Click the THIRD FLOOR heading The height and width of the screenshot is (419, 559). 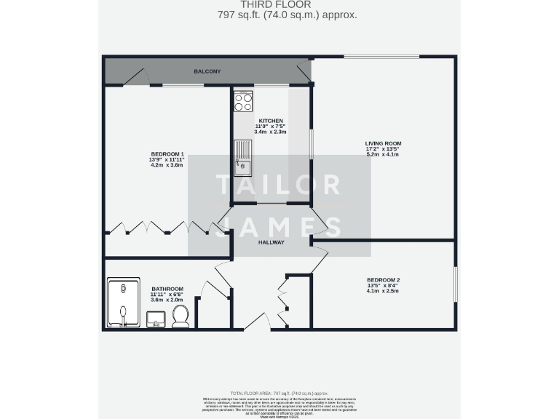coord(279,4)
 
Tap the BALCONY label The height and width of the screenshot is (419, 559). coord(207,71)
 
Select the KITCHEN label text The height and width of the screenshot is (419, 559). coord(271,121)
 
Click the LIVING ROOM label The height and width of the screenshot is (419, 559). coord(383,143)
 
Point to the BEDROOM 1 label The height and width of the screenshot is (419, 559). coord(167,153)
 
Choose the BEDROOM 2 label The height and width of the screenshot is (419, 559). coord(383,280)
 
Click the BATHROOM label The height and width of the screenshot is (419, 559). coord(167,289)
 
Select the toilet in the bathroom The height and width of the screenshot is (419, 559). coord(181,316)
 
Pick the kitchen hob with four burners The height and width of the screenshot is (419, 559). coord(243,102)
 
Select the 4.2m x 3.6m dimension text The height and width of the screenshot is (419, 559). coord(167,165)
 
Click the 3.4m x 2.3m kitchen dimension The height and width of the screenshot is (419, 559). coord(271,132)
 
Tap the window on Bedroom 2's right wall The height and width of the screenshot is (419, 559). coord(456,286)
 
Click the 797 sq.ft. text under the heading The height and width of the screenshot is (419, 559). coord(279,15)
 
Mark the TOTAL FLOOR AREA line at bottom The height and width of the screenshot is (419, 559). coord(279,392)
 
